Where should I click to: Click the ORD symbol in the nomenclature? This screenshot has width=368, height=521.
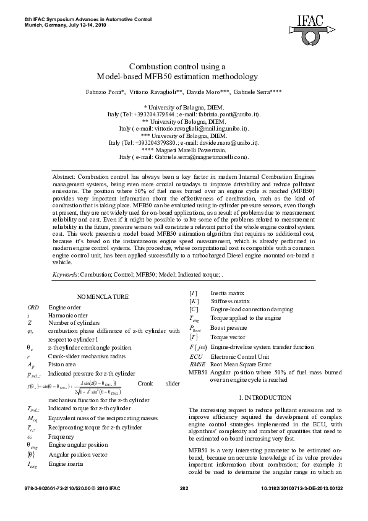(x=33, y=307)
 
